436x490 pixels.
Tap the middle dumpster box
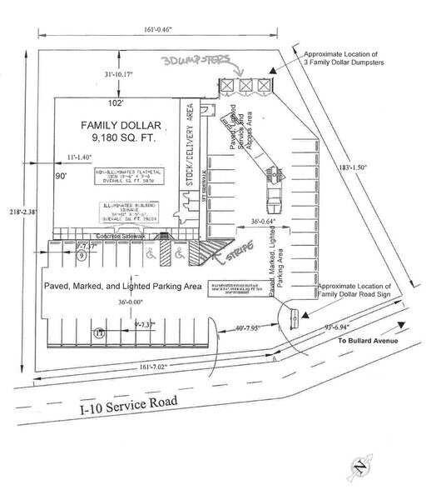click(245, 86)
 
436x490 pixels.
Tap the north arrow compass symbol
click(360, 472)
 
